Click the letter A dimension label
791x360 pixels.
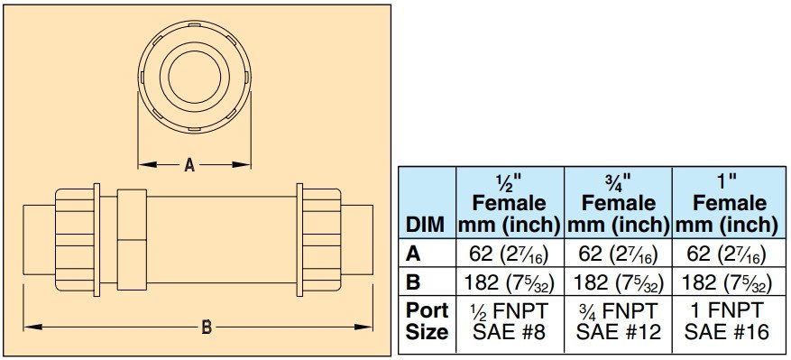coord(189,164)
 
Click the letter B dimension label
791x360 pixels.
coord(207,328)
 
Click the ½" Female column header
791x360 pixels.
coord(510,203)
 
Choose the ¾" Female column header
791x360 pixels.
coord(619,203)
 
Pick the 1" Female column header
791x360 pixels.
coord(730,203)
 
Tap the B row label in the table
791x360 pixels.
coord(412,282)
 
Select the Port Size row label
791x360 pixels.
coord(427,321)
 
